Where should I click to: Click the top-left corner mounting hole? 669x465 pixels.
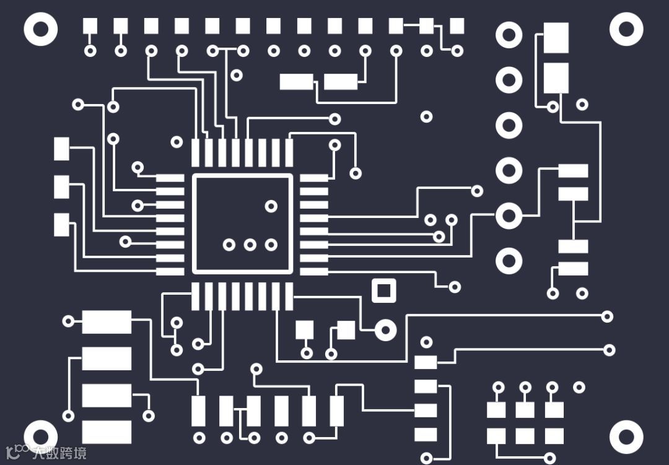click(41, 29)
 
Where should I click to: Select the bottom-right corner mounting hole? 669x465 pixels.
click(626, 437)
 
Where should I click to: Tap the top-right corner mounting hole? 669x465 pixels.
click(626, 29)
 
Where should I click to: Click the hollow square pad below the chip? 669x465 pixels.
click(383, 290)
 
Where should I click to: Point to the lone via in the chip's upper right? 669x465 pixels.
click(271, 206)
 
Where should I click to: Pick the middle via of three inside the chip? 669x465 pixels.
click(250, 245)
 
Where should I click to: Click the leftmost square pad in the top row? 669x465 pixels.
click(90, 26)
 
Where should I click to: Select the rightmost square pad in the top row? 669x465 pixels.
click(457, 26)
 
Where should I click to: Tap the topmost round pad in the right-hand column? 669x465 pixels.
click(509, 35)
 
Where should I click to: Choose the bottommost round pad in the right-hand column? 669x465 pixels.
click(509, 261)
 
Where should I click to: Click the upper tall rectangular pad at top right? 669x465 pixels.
click(556, 38)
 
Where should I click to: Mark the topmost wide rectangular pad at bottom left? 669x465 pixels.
click(107, 322)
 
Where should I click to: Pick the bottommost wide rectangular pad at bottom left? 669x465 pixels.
click(107, 432)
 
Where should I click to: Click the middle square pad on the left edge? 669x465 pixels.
click(61, 186)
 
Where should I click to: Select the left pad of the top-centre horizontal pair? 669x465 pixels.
click(296, 81)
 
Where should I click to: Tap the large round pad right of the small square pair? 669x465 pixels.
click(385, 331)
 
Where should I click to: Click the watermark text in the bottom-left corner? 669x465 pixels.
click(59, 453)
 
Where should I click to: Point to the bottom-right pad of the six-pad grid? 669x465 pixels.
click(554, 436)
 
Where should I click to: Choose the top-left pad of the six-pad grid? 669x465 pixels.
click(496, 409)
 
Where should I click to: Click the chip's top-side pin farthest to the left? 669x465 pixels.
click(196, 152)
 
